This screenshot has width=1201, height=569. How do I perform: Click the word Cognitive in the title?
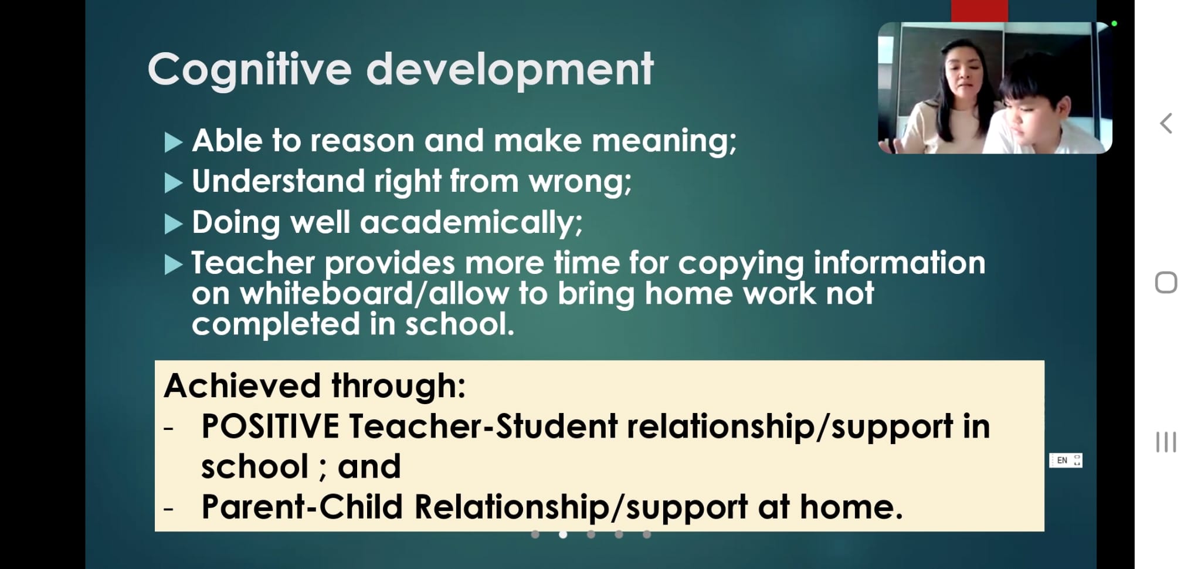(x=249, y=70)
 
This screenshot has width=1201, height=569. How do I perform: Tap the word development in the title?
(x=510, y=69)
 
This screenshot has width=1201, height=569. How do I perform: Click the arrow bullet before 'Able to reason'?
(x=174, y=143)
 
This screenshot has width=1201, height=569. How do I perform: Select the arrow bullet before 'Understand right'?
(x=174, y=183)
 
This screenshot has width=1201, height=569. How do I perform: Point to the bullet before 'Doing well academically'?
(x=174, y=224)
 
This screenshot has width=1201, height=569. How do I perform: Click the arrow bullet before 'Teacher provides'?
(x=174, y=265)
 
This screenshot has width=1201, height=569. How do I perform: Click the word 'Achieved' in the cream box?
(x=242, y=386)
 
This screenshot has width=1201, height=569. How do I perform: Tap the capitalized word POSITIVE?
(x=270, y=426)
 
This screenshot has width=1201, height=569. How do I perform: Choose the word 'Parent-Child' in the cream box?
(x=302, y=507)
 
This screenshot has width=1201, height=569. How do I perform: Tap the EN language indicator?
(x=1062, y=460)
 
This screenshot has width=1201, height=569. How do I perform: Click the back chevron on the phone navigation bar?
(x=1166, y=123)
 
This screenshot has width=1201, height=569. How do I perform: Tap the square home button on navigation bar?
(x=1166, y=283)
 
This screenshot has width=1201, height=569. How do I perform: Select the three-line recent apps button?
(x=1166, y=442)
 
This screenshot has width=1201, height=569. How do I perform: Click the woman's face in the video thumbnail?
(x=962, y=73)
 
